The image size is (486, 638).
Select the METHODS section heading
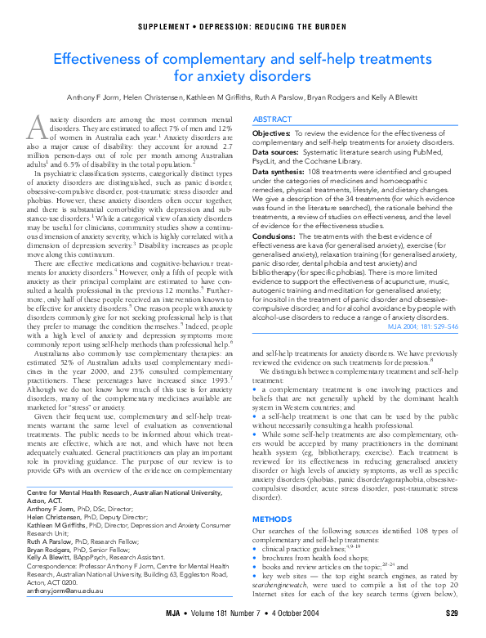pyautogui.click(x=271, y=519)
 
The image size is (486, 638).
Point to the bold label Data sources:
pyautogui.click(x=276, y=151)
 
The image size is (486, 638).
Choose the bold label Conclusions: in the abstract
pyautogui.click(x=278, y=236)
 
